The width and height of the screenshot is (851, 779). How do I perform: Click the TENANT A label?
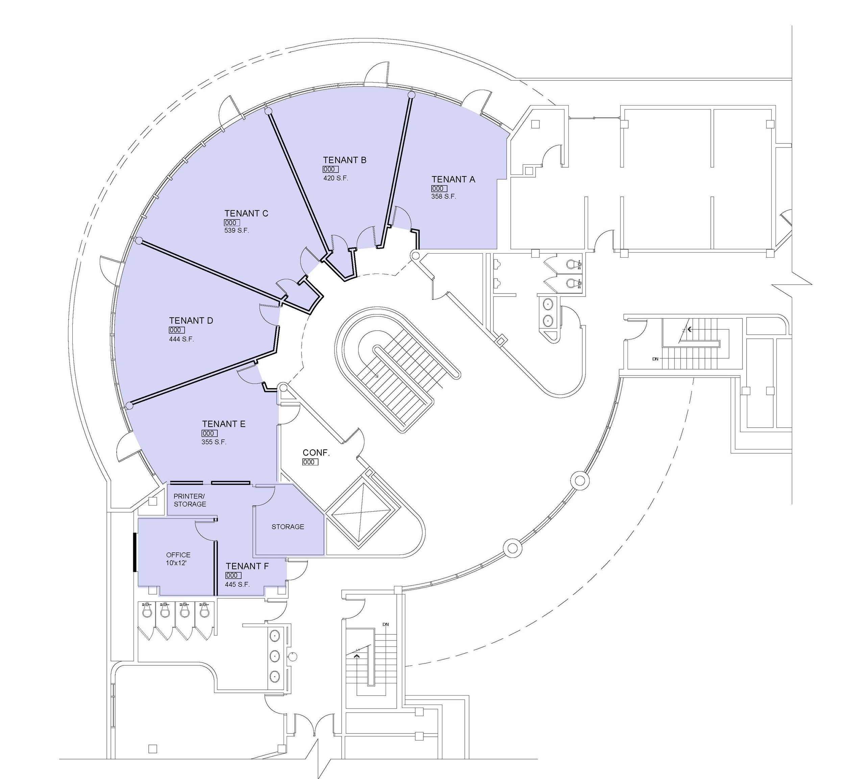[453, 180]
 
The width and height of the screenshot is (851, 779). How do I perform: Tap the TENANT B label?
[344, 160]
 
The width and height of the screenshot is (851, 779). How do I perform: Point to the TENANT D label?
[191, 321]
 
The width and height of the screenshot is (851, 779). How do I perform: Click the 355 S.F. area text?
[214, 442]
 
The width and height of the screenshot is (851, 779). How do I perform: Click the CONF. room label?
[316, 453]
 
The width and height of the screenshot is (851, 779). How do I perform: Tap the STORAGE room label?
[288, 526]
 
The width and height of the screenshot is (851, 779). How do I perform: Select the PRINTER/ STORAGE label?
[190, 500]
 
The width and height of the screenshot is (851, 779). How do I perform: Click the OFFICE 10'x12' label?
[178, 559]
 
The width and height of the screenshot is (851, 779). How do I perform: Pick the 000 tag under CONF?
[310, 462]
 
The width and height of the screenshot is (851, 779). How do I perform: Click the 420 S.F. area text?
[336, 178]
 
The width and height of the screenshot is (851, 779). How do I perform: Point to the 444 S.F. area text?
[181, 339]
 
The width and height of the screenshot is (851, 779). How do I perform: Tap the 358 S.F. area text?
[444, 196]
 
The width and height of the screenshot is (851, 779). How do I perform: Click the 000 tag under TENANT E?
[210, 433]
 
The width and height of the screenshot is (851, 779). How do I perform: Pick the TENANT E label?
[224, 424]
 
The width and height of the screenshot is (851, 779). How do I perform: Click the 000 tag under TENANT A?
[439, 188]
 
